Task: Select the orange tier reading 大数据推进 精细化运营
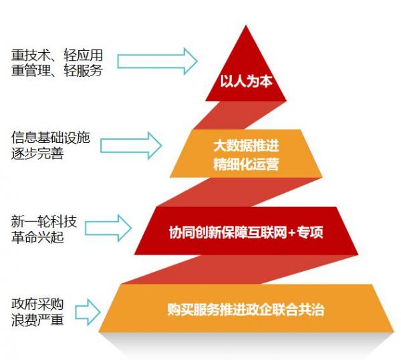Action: click(246, 154)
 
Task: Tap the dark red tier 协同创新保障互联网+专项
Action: click(246, 231)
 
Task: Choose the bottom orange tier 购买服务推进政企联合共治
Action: click(246, 308)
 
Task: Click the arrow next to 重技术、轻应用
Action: click(157, 61)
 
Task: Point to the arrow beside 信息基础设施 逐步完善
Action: click(131, 146)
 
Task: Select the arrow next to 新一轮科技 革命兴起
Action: click(108, 228)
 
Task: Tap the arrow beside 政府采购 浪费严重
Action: click(88, 312)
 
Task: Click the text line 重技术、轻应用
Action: click(57, 55)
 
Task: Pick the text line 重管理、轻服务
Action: click(57, 71)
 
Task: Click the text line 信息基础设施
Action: click(50, 138)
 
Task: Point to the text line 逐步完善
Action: click(37, 154)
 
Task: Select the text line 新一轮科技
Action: click(44, 221)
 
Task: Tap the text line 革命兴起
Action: click(37, 236)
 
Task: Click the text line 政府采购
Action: click(37, 304)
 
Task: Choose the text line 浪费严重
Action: click(37, 320)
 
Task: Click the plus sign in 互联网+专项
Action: click(292, 232)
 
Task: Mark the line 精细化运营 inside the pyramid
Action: click(246, 164)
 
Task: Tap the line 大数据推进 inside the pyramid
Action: click(246, 146)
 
